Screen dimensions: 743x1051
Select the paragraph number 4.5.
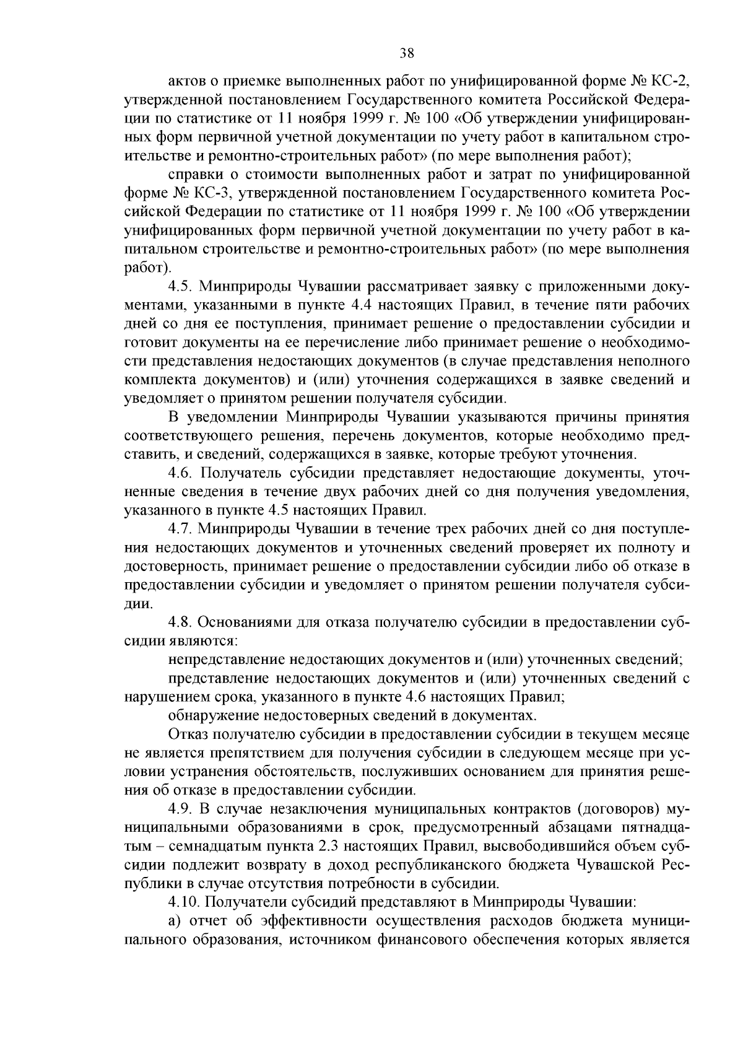pos(181,287)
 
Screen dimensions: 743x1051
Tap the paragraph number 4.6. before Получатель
pos(181,474)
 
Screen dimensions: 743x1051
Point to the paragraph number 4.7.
pos(181,530)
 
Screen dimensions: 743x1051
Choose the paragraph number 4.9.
pos(181,810)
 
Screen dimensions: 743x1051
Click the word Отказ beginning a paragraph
pos(188,735)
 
